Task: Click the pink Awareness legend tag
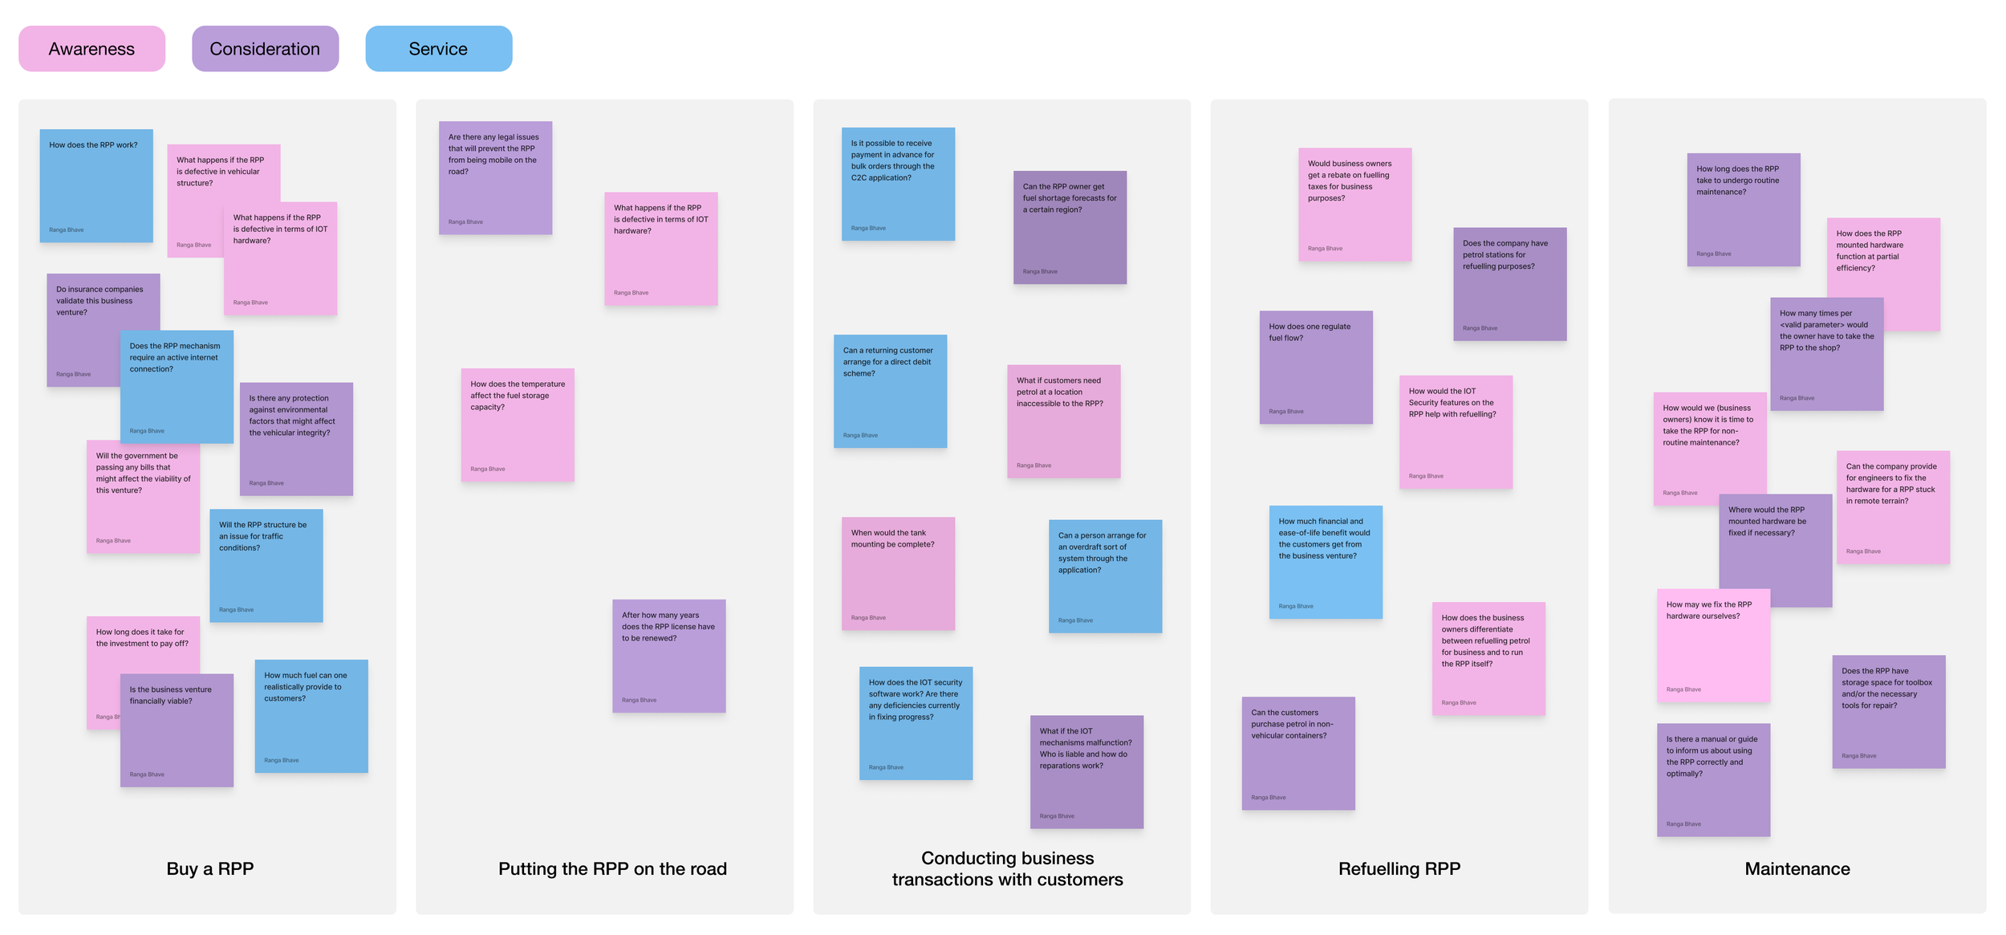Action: click(x=91, y=49)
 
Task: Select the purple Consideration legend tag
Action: click(x=265, y=49)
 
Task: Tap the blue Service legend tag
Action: click(x=438, y=49)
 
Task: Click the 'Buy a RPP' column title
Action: click(x=209, y=868)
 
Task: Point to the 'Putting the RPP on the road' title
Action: click(x=612, y=868)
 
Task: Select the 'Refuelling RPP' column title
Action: click(x=1399, y=868)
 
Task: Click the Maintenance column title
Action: click(x=1797, y=868)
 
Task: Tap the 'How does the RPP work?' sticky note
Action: click(x=95, y=185)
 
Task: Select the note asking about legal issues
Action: click(x=495, y=178)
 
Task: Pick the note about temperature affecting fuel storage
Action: click(x=517, y=425)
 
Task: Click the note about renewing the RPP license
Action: click(x=668, y=656)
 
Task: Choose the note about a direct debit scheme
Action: click(x=890, y=391)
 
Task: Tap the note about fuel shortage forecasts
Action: click(x=1070, y=227)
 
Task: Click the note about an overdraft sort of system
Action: click(x=1105, y=576)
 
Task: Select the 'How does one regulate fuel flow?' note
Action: click(x=1315, y=367)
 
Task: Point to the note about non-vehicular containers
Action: click(x=1297, y=753)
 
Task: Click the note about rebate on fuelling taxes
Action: click(x=1354, y=204)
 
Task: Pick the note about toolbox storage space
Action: click(x=1888, y=711)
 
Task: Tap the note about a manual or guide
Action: click(x=1713, y=779)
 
